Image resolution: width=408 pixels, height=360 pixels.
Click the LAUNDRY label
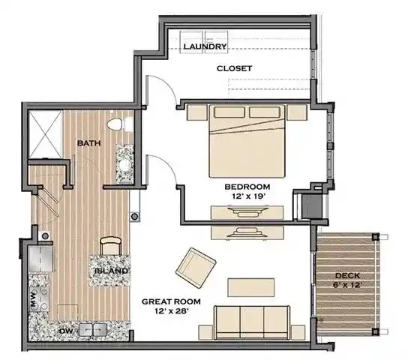point(205,46)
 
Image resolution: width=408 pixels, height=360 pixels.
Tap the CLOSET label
point(235,68)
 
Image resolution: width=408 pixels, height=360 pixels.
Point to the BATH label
point(89,143)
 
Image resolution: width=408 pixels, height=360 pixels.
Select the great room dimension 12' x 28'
point(171,310)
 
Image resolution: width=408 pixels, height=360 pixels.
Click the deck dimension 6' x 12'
point(347,285)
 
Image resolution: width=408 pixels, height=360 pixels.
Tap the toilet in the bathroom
point(115,124)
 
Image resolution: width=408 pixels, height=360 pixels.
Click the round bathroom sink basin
point(125,165)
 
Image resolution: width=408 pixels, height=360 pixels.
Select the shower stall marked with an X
point(45,134)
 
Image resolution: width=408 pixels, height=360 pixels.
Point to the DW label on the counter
point(65,331)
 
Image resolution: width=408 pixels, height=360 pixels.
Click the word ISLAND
point(111,271)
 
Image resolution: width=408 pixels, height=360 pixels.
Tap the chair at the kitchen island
point(110,246)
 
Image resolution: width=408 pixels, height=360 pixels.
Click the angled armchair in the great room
point(196,268)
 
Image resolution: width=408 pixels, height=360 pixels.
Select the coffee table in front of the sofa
point(251,287)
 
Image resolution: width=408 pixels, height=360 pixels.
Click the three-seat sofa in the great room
point(252,322)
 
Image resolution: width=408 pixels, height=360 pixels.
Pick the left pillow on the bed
point(229,112)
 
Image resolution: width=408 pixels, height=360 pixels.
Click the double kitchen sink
point(93,330)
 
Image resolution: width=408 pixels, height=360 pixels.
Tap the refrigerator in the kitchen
point(41,259)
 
